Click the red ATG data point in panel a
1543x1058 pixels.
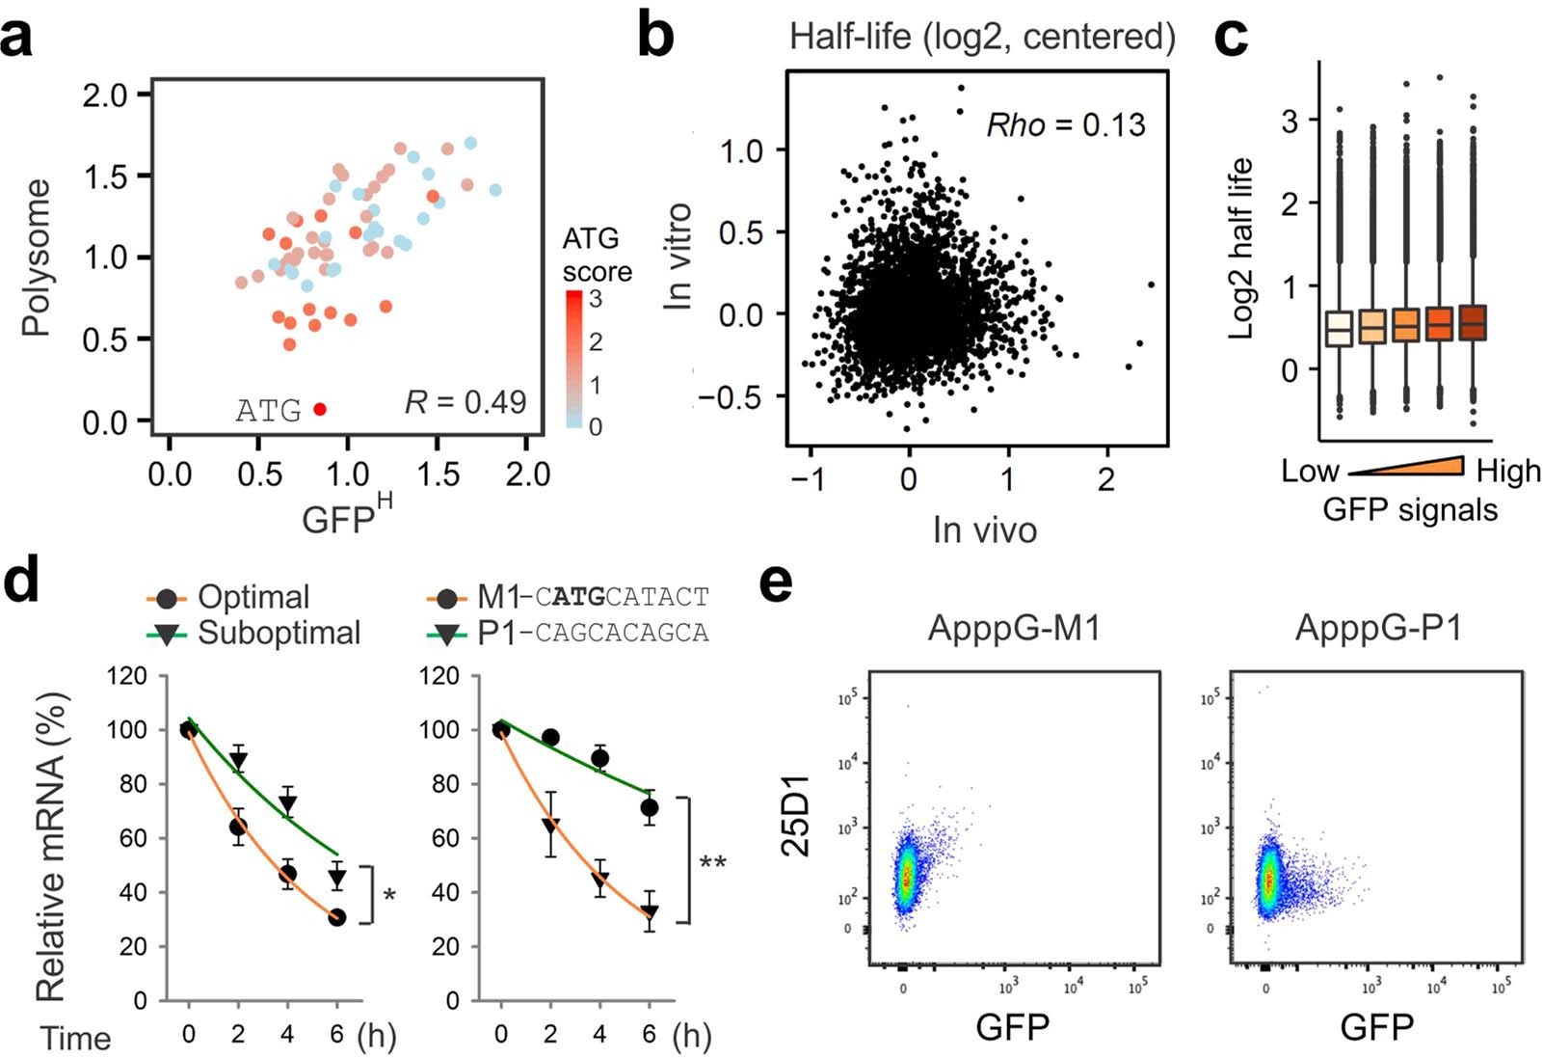[320, 409]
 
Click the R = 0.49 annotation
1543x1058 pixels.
[466, 402]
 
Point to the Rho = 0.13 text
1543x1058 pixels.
[1065, 124]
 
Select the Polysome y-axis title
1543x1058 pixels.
[37, 258]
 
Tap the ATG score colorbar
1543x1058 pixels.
[574, 359]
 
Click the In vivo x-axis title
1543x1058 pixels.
[984, 529]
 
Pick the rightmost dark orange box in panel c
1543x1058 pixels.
[1473, 323]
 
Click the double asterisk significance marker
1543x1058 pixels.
[712, 862]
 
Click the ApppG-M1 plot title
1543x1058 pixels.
[1013, 629]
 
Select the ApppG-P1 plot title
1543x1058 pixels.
[1377, 629]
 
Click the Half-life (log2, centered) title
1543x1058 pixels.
[982, 38]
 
